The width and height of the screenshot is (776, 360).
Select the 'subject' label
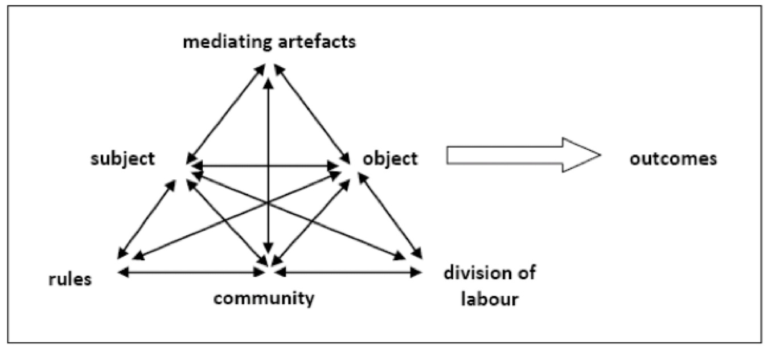(x=122, y=158)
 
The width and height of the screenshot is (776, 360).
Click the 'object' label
(x=390, y=158)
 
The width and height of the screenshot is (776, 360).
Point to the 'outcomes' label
(x=673, y=158)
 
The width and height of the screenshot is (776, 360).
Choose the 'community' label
(x=265, y=297)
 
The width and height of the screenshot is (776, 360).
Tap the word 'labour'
(x=489, y=298)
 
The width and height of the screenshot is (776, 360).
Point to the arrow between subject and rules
(x=145, y=219)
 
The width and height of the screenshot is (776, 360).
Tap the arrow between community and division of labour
(x=347, y=273)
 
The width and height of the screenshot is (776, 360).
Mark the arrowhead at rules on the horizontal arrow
(x=122, y=273)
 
